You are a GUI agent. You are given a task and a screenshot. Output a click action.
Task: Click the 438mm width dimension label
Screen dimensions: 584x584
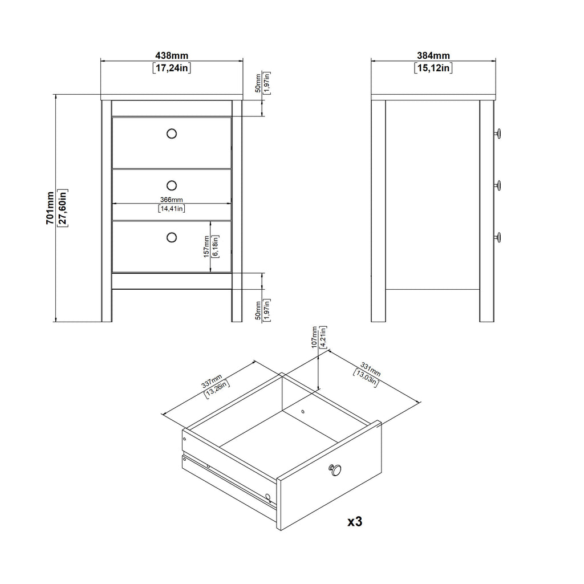pyautogui.click(x=172, y=55)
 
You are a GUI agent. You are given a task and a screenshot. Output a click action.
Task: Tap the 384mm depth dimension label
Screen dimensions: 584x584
pyautogui.click(x=433, y=55)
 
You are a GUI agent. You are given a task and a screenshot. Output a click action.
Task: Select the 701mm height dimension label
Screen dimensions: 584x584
pyautogui.click(x=50, y=208)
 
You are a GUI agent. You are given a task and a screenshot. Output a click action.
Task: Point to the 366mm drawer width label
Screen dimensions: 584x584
pyautogui.click(x=171, y=200)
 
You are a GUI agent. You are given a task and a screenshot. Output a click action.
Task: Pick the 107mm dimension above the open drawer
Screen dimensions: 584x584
pyautogui.click(x=314, y=338)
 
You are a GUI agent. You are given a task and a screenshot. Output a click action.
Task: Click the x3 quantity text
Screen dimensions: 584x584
pyautogui.click(x=355, y=521)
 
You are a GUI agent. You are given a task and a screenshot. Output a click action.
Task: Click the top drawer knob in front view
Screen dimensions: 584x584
pyautogui.click(x=172, y=133)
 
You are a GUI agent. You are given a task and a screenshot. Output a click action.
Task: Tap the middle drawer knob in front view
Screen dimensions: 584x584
pyautogui.click(x=172, y=185)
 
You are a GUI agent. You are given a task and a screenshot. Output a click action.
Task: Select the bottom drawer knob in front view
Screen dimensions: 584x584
pyautogui.click(x=172, y=237)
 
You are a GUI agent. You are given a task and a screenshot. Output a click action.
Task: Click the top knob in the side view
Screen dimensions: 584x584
pyautogui.click(x=497, y=133)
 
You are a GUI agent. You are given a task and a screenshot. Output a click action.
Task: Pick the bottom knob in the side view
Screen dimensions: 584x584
pyautogui.click(x=497, y=237)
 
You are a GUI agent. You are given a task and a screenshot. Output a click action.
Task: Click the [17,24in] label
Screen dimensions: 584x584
pyautogui.click(x=172, y=68)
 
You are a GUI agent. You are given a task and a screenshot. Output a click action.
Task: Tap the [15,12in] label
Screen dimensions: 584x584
pyautogui.click(x=433, y=68)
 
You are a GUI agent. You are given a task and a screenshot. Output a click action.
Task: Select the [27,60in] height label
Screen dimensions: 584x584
pyautogui.click(x=63, y=208)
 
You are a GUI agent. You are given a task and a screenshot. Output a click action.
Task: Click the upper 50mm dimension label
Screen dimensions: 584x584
pyautogui.click(x=258, y=83)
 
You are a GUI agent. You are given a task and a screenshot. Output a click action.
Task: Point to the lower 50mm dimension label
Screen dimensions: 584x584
pyautogui.click(x=258, y=310)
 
